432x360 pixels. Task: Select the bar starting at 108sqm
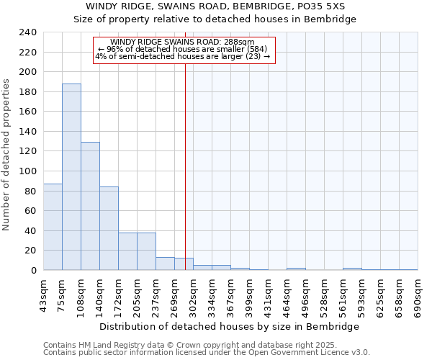coord(90,206)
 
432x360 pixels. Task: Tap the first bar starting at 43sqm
coord(53,227)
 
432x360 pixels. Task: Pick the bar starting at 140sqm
coord(109,228)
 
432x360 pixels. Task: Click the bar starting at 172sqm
coord(127,251)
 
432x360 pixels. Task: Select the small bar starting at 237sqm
coord(165,264)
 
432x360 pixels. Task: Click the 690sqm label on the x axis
coord(418,297)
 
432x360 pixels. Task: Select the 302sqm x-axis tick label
coord(194,297)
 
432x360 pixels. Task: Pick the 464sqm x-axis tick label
coord(287,297)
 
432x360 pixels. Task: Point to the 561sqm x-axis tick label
coord(343,297)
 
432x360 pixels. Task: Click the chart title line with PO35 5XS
coord(215,6)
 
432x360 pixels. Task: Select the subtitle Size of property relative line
coord(215,19)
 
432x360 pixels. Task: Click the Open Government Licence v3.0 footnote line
coord(207,353)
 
